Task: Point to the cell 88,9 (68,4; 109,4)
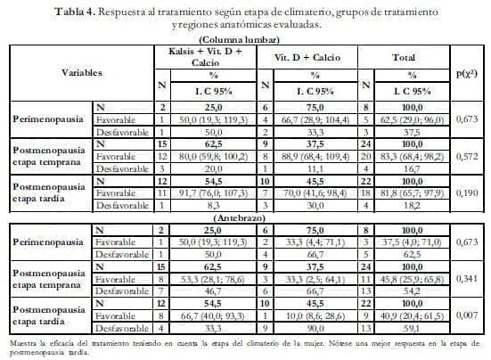308,155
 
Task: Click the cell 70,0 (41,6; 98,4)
308,192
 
